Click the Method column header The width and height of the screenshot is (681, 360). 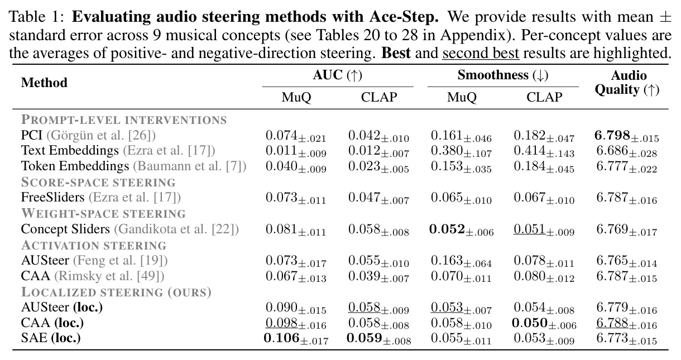pos(44,83)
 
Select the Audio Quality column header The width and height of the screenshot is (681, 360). pos(627,83)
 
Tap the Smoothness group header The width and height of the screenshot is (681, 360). pos(503,75)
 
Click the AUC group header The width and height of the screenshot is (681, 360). pos(338,75)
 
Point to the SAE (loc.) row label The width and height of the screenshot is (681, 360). pos(51,338)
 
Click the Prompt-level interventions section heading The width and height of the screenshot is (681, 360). pos(124,120)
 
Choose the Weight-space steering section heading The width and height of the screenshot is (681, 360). pos(103,213)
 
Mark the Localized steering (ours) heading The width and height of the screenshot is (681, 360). pos(116,292)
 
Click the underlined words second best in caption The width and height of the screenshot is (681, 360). pos(481,53)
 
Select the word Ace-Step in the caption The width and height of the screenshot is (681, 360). pos(404,17)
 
